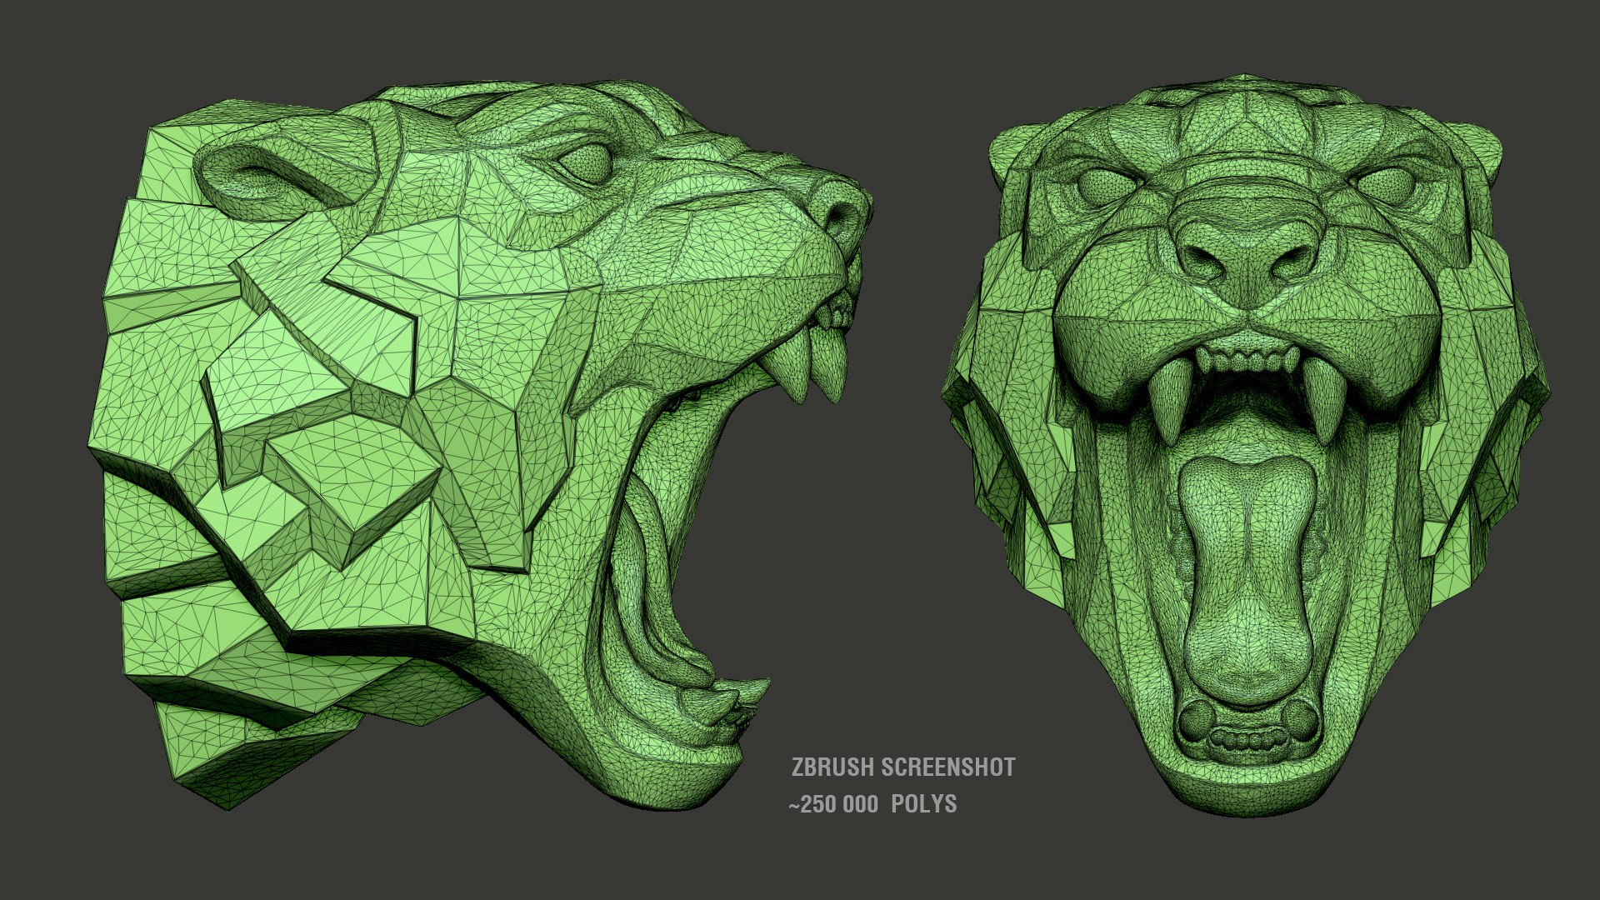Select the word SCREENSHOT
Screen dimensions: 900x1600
(948, 767)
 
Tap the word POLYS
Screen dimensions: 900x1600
(924, 804)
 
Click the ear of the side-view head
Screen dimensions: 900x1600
(250, 173)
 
